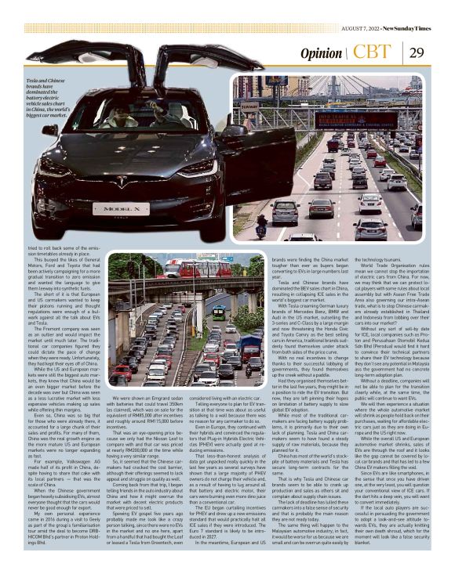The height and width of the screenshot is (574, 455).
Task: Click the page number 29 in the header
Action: click(x=416, y=53)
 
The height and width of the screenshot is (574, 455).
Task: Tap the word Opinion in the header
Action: click(x=321, y=54)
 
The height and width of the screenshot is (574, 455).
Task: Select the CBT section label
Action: click(x=372, y=52)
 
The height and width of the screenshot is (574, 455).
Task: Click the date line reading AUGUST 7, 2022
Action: click(x=362, y=29)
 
